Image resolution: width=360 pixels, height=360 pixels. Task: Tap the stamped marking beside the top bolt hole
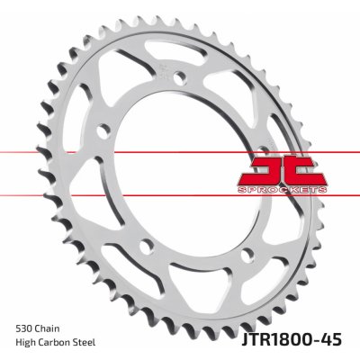[160, 70]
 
